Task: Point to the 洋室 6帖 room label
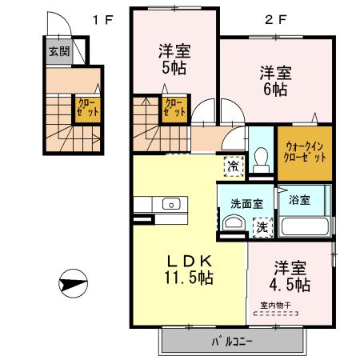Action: pyautogui.click(x=274, y=81)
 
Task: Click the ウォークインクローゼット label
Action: pyautogui.click(x=306, y=152)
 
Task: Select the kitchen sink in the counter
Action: pyautogui.click(x=173, y=205)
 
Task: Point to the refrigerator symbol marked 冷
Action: pyautogui.click(x=233, y=166)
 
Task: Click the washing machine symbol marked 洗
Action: pyautogui.click(x=261, y=226)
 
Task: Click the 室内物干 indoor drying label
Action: pyautogui.click(x=277, y=305)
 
